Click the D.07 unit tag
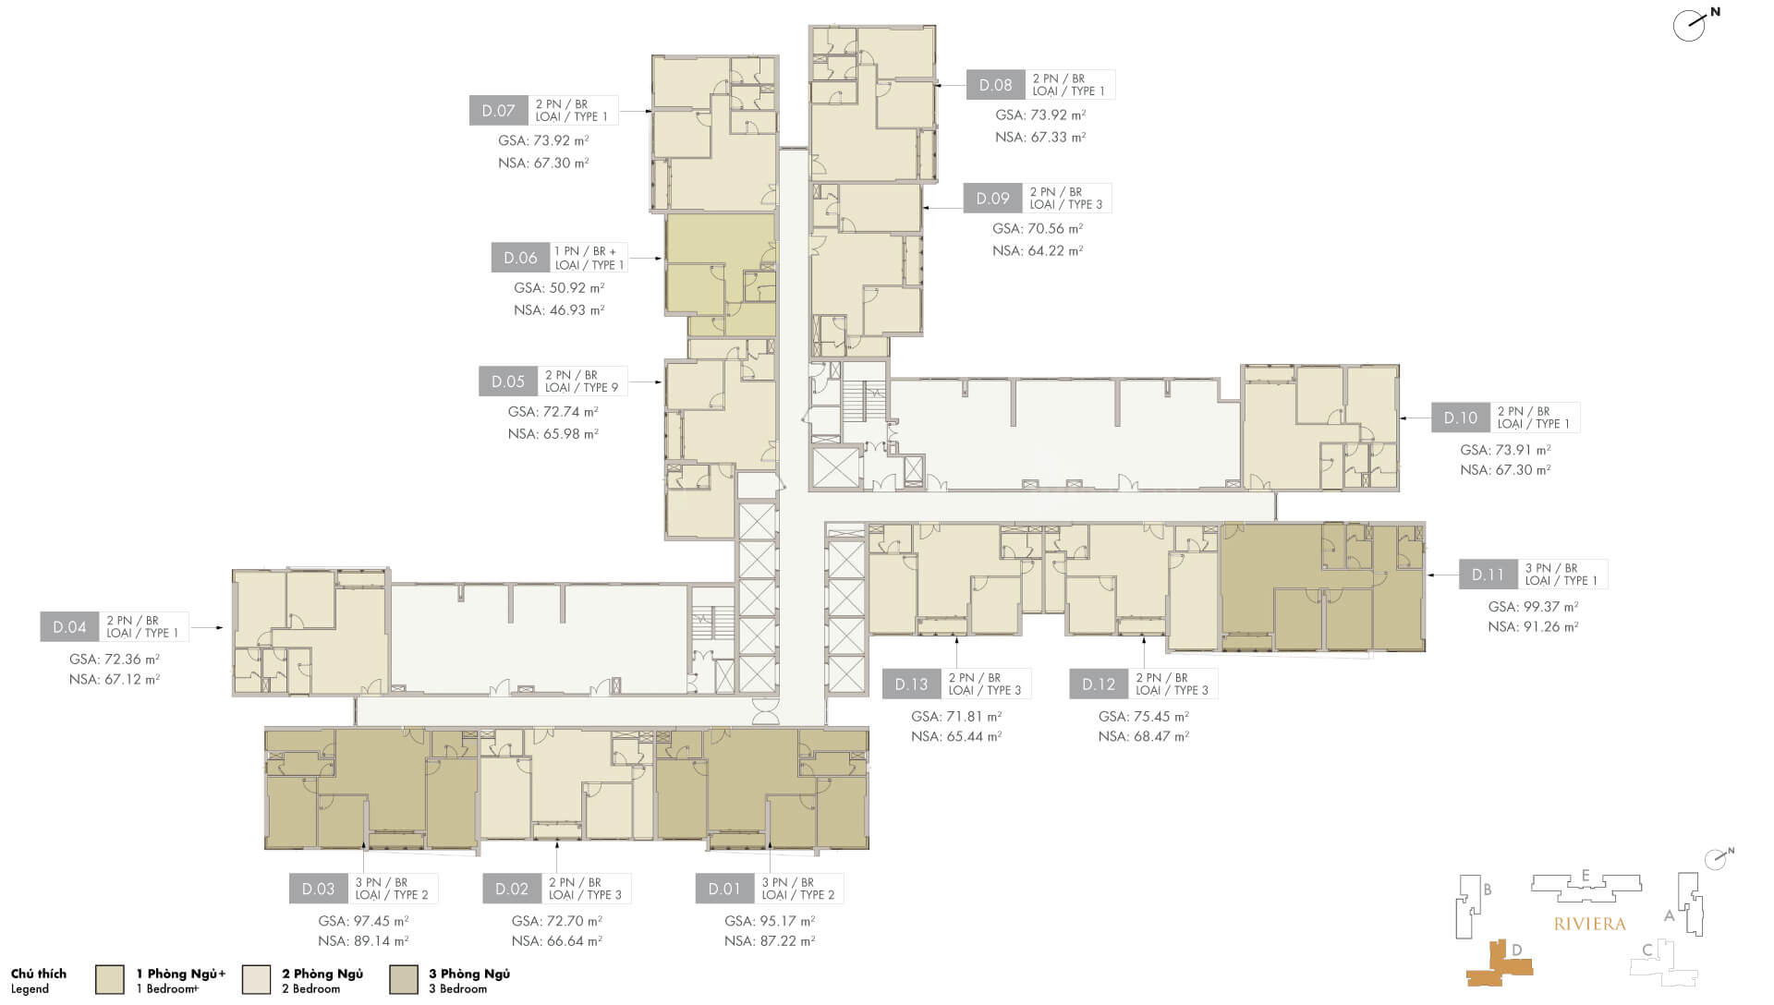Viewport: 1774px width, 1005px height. click(x=498, y=111)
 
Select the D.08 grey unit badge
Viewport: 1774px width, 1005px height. click(x=995, y=85)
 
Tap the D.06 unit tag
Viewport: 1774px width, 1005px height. click(x=520, y=258)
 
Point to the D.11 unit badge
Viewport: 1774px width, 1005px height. click(x=1488, y=575)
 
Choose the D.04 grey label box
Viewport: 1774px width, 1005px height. click(x=69, y=627)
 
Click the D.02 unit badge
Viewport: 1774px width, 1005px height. click(x=511, y=889)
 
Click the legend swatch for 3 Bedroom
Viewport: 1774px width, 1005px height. click(x=404, y=980)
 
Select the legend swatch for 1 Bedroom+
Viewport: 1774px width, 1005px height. click(x=110, y=980)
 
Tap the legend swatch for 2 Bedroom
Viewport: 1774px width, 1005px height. click(x=257, y=980)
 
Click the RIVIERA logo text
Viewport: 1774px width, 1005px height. click(x=1589, y=924)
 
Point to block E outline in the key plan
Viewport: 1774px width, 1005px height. click(x=1586, y=887)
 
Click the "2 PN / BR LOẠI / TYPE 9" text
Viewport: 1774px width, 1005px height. click(x=581, y=381)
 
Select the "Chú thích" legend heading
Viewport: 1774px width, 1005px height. click(x=39, y=974)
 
